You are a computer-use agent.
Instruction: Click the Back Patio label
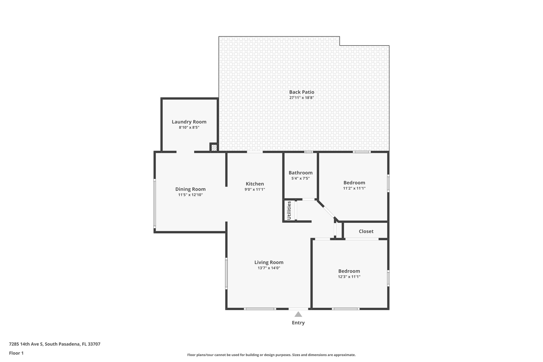tap(301, 92)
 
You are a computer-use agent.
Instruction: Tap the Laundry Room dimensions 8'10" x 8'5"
tap(189, 128)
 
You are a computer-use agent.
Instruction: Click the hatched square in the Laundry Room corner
tap(214, 147)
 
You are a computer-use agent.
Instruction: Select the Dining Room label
tap(190, 189)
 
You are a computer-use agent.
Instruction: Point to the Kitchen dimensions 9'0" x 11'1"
tap(255, 189)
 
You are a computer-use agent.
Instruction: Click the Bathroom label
tap(300, 173)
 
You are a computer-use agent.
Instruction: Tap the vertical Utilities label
tap(289, 210)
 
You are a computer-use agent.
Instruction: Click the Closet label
tap(366, 231)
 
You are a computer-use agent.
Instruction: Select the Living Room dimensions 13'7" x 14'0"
tap(269, 268)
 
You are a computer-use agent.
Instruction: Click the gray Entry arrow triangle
tap(298, 315)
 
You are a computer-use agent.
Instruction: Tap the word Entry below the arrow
tap(298, 323)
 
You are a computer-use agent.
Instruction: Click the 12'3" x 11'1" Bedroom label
tap(349, 271)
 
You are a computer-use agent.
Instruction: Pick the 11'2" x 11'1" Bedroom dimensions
tap(354, 188)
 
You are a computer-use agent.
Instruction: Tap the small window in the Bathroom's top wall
tap(308, 152)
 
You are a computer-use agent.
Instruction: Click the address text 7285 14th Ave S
tap(55, 344)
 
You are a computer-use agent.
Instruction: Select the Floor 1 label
tap(16, 353)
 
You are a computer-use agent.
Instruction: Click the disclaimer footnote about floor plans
tap(271, 355)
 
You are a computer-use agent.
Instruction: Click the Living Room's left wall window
tap(226, 273)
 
